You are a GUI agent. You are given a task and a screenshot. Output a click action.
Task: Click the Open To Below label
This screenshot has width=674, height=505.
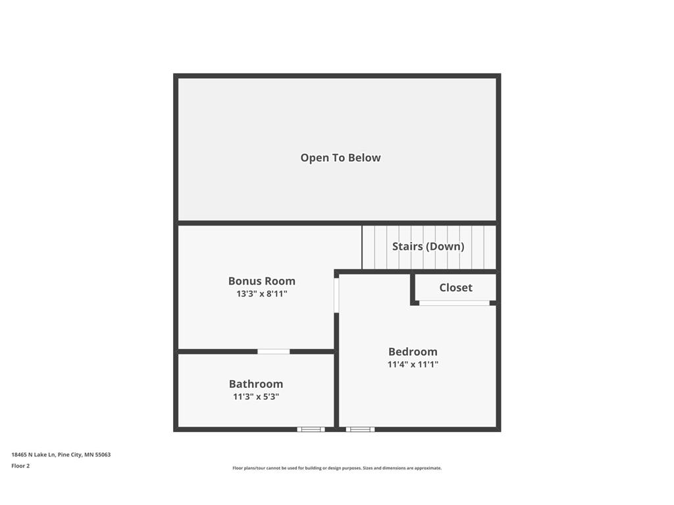pyautogui.click(x=340, y=158)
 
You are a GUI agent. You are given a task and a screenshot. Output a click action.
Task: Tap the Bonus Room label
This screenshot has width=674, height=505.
pyautogui.click(x=262, y=281)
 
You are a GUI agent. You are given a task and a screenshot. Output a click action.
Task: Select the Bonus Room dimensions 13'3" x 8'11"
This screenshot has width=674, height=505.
pyautogui.click(x=262, y=294)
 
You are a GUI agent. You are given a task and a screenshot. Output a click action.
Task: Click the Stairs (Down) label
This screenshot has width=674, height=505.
pyautogui.click(x=428, y=247)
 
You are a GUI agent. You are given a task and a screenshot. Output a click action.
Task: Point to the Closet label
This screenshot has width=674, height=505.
pyautogui.click(x=455, y=287)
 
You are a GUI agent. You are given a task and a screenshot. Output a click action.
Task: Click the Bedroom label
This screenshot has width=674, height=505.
pyautogui.click(x=413, y=352)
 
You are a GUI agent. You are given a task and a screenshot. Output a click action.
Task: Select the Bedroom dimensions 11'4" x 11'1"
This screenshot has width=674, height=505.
pyautogui.click(x=413, y=364)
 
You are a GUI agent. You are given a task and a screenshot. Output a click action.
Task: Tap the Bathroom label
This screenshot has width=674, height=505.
pyautogui.click(x=256, y=384)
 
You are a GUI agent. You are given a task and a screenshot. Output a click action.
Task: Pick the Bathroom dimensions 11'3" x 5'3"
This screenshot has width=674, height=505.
pyautogui.click(x=256, y=397)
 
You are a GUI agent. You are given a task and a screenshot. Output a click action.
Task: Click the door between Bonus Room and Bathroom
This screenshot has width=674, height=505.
pyautogui.click(x=273, y=352)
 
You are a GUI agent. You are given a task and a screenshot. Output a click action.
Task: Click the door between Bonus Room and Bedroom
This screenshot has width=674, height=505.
pyautogui.click(x=336, y=295)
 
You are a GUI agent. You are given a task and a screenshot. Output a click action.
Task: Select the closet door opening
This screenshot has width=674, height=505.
pyautogui.click(x=454, y=303)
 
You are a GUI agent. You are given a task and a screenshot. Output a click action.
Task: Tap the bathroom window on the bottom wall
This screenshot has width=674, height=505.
pyautogui.click(x=311, y=429)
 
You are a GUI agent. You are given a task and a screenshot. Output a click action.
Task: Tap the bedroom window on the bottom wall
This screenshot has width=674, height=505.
pyautogui.click(x=360, y=429)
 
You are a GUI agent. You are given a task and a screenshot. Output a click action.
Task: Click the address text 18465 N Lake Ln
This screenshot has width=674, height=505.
pyautogui.click(x=33, y=455)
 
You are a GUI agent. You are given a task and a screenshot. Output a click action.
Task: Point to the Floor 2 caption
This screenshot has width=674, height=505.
pyautogui.click(x=20, y=466)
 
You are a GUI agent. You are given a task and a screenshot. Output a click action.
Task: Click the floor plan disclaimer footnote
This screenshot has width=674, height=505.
pyautogui.click(x=337, y=468)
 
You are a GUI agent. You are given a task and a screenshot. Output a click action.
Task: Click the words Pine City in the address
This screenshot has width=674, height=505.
pyautogui.click(x=70, y=455)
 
